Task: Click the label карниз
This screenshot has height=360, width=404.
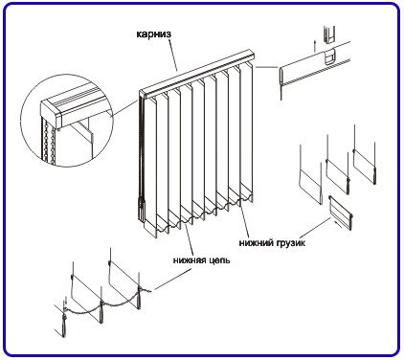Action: [x=153, y=34]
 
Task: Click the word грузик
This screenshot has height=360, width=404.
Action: [x=291, y=243]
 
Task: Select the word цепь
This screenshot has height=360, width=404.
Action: [x=219, y=260]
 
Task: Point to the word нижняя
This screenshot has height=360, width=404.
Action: [x=190, y=260]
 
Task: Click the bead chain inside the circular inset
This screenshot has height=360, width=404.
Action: [x=46, y=142]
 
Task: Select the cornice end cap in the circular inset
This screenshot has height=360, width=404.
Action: [x=52, y=114]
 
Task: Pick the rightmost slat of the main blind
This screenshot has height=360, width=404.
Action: [x=246, y=131]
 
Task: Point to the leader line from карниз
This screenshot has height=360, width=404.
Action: [x=171, y=54]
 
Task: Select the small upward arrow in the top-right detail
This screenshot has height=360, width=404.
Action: [x=314, y=46]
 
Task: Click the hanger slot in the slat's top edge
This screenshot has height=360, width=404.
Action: [x=329, y=56]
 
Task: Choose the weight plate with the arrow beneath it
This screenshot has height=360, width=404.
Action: [x=341, y=213]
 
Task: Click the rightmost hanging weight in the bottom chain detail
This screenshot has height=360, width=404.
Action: [x=139, y=299]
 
